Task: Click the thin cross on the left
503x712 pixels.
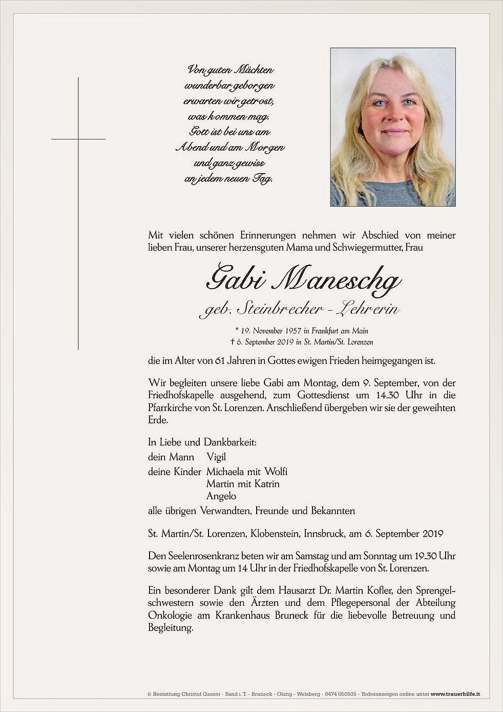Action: point(78,139)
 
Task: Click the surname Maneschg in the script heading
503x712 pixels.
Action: point(338,280)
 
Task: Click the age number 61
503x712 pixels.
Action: point(220,361)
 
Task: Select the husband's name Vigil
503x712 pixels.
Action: point(216,457)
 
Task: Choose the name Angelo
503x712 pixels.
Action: point(221,496)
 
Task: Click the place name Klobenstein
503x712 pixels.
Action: point(275,534)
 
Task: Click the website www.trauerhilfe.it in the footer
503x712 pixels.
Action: point(455,695)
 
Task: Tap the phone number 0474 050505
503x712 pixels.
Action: point(342,695)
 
